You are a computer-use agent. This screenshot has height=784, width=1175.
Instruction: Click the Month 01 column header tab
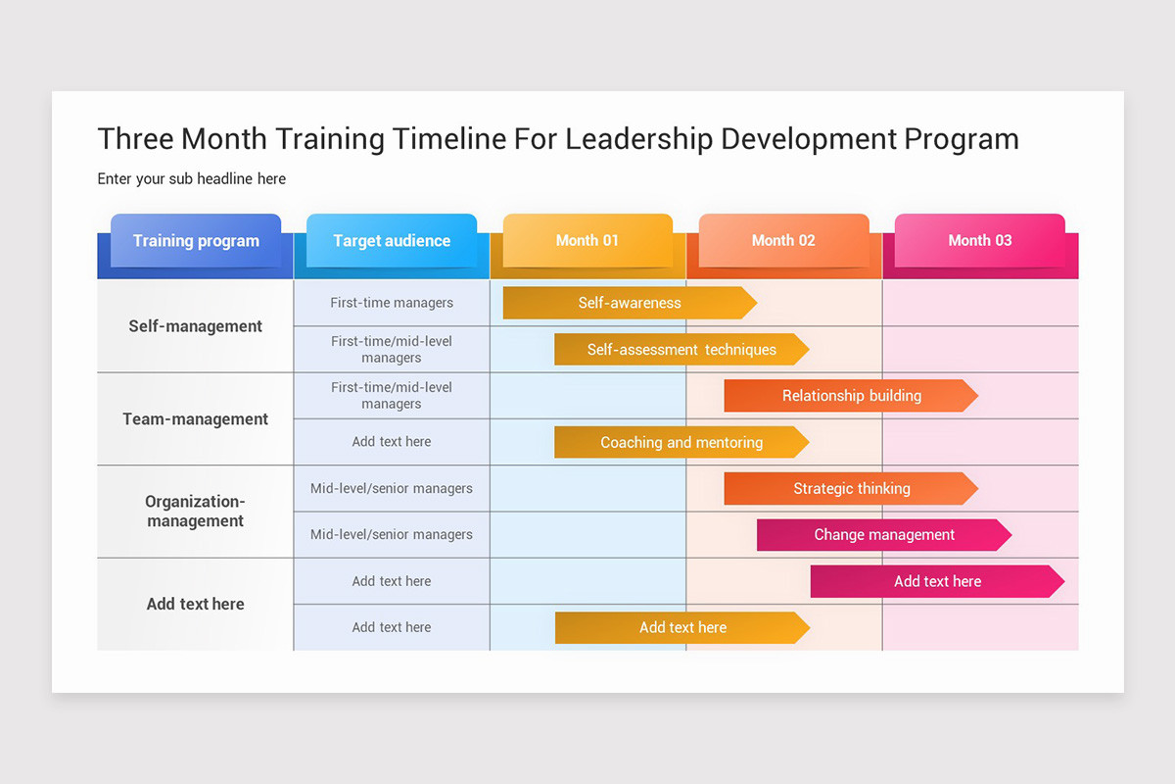(587, 240)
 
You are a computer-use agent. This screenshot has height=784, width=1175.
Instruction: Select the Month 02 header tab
(783, 240)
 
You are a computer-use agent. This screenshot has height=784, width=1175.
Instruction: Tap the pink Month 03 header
(979, 240)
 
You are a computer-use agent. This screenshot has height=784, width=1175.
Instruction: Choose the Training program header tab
(196, 240)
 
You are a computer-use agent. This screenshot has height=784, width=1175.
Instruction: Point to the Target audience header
(392, 240)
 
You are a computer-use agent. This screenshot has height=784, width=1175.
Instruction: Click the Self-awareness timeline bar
(629, 303)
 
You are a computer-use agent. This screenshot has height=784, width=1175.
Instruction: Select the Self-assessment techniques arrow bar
(681, 350)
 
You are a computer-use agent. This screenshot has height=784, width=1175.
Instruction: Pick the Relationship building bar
(850, 396)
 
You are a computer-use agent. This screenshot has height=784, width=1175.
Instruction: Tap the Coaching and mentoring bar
(681, 442)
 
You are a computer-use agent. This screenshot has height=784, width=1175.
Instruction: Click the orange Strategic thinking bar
(850, 488)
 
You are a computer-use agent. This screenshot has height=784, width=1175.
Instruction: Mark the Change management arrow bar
(883, 535)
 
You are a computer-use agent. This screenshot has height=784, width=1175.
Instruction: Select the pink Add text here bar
(936, 581)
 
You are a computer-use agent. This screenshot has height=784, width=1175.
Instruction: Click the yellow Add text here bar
(681, 627)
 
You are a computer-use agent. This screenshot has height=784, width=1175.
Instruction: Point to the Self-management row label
(196, 326)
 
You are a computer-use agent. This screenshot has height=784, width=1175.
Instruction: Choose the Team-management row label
(196, 418)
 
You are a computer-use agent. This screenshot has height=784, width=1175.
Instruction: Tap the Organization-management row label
(196, 511)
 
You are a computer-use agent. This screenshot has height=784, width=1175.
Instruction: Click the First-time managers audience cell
(392, 303)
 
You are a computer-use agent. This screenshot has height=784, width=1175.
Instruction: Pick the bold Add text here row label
(196, 604)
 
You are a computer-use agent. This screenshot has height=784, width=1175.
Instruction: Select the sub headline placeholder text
(192, 178)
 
